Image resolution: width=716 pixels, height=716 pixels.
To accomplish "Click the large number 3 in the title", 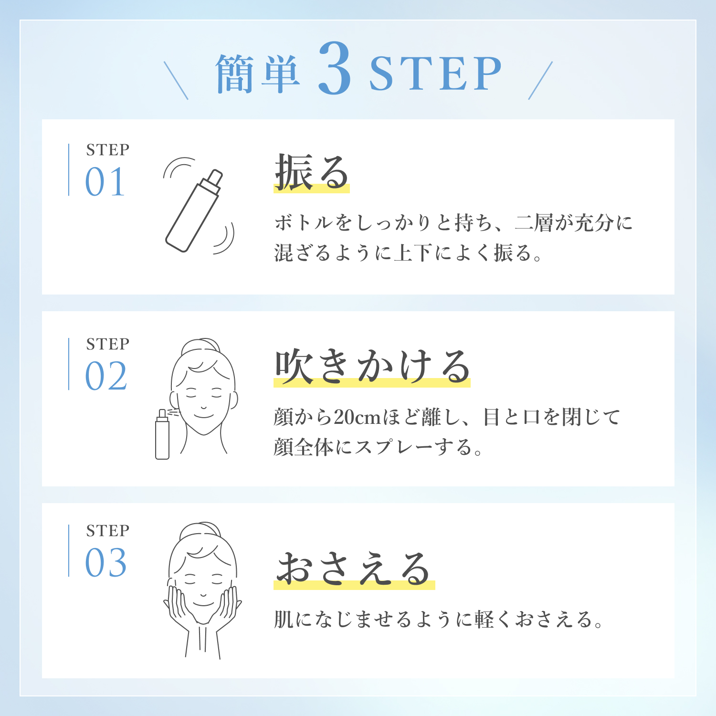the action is (x=335, y=68).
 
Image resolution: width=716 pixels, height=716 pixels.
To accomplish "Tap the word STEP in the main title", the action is (x=435, y=73).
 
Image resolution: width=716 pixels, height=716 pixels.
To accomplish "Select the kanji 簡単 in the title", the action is (x=258, y=73).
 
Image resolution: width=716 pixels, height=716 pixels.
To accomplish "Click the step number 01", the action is (x=105, y=182).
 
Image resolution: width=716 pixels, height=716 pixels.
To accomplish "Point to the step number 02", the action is (x=106, y=376).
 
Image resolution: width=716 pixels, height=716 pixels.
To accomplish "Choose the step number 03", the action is (x=106, y=563).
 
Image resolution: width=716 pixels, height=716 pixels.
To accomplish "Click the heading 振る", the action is (x=312, y=172).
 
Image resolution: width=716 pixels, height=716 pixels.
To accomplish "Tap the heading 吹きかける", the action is (x=372, y=366).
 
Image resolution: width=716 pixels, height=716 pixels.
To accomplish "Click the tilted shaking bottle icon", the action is (x=193, y=211).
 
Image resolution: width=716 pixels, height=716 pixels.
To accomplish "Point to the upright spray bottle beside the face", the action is (x=162, y=434).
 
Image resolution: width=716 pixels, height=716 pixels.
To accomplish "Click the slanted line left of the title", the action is (x=176, y=80).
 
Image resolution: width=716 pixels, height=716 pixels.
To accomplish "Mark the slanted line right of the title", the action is (x=540, y=80).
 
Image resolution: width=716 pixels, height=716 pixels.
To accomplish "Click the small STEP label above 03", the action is (x=108, y=531).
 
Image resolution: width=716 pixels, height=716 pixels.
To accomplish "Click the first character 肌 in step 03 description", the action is (x=284, y=620).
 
